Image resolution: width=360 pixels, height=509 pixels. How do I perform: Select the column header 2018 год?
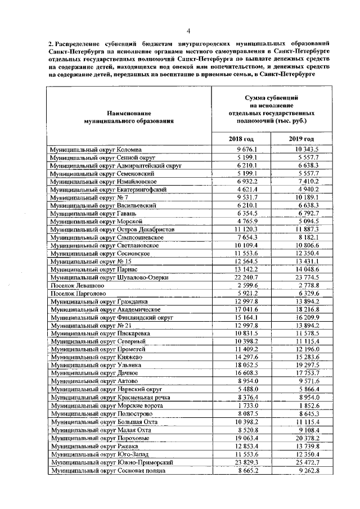pos(241,139)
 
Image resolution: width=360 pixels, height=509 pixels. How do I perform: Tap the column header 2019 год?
pos(301,139)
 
